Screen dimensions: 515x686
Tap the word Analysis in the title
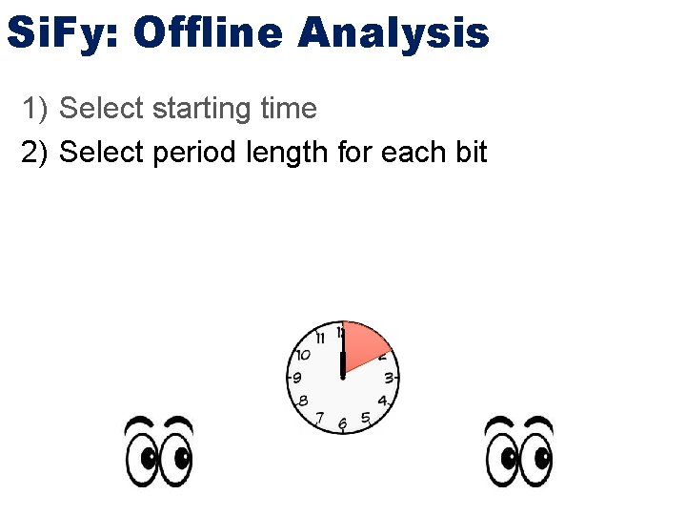(x=393, y=32)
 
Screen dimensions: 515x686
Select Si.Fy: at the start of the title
(x=63, y=32)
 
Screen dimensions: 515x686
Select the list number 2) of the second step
(x=35, y=153)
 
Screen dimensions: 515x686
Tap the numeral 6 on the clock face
(x=342, y=422)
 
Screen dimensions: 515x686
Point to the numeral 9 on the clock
(x=297, y=379)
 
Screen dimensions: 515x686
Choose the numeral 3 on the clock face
(x=389, y=379)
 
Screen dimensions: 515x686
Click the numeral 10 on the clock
(x=302, y=355)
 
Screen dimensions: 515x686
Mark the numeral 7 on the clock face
(x=320, y=418)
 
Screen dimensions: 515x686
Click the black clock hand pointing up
(x=342, y=365)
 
